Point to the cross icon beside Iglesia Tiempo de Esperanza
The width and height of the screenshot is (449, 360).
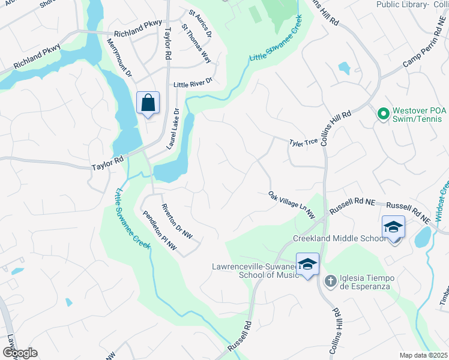[x=330, y=281]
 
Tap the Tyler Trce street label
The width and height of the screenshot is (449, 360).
[x=303, y=143]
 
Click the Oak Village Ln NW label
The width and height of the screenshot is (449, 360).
[x=292, y=205]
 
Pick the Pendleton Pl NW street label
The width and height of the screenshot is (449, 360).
[x=160, y=230]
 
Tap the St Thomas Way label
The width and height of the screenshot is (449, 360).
[x=197, y=43]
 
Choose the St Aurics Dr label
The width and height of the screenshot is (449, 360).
[x=200, y=23]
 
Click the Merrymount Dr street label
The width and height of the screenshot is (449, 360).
[x=119, y=58]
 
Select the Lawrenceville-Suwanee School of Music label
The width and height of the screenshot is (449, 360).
[x=255, y=271]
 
